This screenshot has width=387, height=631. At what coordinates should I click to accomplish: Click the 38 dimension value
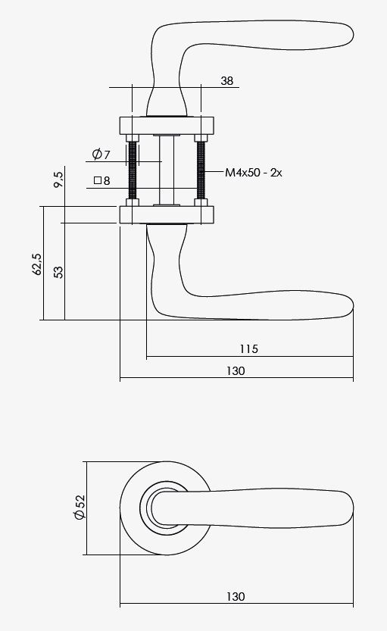[x=227, y=80]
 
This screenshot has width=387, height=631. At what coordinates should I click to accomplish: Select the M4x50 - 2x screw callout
[x=254, y=173]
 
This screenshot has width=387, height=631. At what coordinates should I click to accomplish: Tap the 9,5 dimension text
[x=58, y=180]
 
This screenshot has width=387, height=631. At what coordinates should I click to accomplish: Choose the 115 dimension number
[x=248, y=348]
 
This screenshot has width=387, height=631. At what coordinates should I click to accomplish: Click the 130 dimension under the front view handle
[x=236, y=596]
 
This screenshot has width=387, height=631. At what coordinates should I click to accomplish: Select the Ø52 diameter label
[x=80, y=508]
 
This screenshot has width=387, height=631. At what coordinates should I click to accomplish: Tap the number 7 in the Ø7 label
[x=107, y=155]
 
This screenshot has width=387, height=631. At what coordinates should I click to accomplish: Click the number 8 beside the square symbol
[x=107, y=181]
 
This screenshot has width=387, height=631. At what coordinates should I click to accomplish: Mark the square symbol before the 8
[x=97, y=181]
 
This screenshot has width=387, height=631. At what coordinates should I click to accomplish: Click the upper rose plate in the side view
[x=167, y=125]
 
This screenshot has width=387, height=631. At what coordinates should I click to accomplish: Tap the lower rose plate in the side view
[x=167, y=214]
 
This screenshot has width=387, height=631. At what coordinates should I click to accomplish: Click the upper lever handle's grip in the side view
[x=280, y=39]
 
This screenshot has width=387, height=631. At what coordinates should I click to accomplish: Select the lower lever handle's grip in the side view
[x=280, y=304]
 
